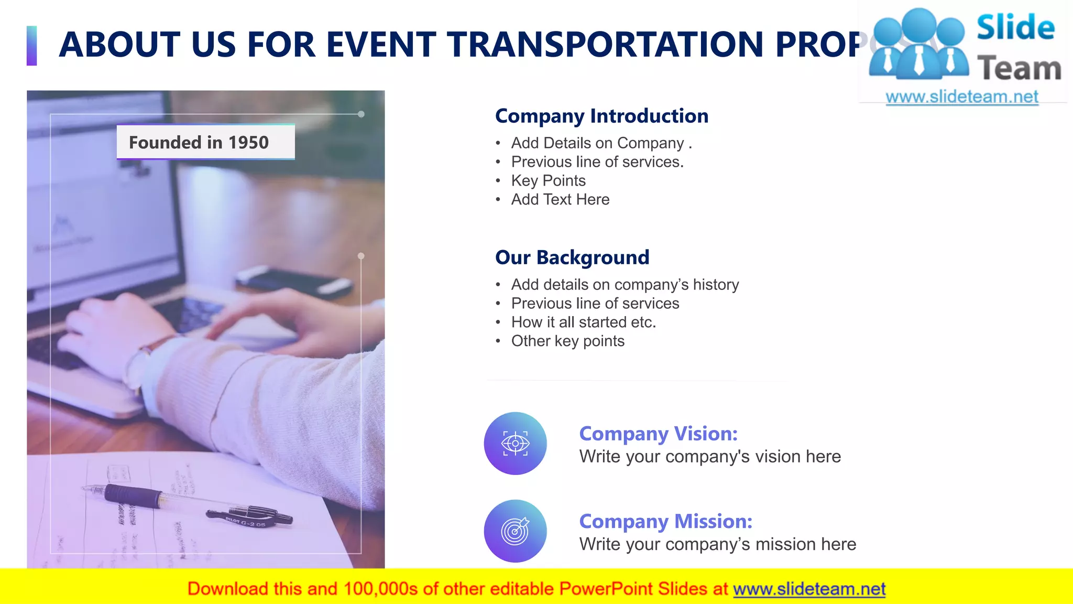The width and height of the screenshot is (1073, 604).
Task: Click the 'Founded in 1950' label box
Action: coord(205,142)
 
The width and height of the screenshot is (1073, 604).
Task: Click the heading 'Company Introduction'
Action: coord(601,116)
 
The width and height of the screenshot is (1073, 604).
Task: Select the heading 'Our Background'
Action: coord(572,257)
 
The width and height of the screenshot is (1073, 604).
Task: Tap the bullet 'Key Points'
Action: coord(548,180)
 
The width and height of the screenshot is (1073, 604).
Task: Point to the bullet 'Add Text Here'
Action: coord(560,199)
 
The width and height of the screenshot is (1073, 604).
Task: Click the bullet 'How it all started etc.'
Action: coord(583,322)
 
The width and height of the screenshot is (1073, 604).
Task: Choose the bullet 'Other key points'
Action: coord(567,341)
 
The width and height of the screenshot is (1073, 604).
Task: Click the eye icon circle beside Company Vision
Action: coord(515,444)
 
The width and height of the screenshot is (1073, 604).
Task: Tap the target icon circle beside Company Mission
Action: coord(515,531)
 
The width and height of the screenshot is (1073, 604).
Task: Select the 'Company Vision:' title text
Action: coord(658,434)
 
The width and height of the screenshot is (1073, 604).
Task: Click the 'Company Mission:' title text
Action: coord(665,521)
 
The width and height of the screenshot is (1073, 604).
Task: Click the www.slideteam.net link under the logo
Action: coord(961,97)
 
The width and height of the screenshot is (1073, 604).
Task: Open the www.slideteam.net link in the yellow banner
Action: coord(809,589)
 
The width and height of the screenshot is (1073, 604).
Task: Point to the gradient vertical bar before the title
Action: coord(32,46)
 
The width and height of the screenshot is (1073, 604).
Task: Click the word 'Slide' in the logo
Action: coord(1015,27)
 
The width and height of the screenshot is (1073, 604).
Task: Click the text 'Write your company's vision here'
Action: coord(709,457)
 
